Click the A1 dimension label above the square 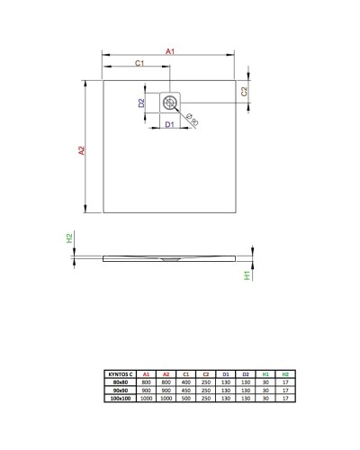tap(169, 52)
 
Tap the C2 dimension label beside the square tap(245, 91)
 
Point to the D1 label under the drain tap(169, 123)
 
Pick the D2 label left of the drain tap(142, 103)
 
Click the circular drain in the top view tap(170, 102)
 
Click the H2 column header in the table tap(285, 372)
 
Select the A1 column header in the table tap(146, 372)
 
